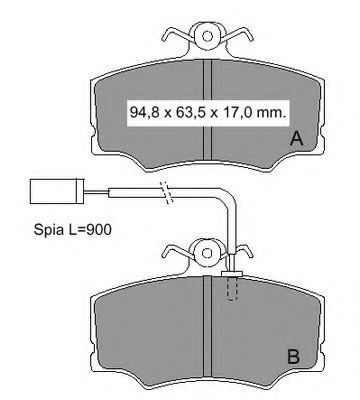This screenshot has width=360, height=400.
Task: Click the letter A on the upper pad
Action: tap(296, 139)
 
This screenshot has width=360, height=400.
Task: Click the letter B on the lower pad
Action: tap(293, 357)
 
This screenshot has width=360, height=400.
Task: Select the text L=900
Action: tap(90, 229)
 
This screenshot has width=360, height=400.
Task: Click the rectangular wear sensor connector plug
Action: tap(57, 191)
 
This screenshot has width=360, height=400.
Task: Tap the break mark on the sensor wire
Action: tap(167, 192)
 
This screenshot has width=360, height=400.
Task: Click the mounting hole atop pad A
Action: tap(207, 36)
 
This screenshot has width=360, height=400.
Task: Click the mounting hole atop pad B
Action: tap(207, 253)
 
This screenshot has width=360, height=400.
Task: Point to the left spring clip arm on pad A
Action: tap(177, 35)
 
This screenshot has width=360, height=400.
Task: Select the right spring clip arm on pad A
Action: tap(237, 35)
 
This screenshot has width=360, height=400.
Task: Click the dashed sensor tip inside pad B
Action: tap(232, 289)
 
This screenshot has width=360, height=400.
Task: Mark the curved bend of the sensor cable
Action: tap(229, 197)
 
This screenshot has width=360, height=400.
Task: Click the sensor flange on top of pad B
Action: tap(232, 274)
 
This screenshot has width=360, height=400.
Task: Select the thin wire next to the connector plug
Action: tap(97, 191)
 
